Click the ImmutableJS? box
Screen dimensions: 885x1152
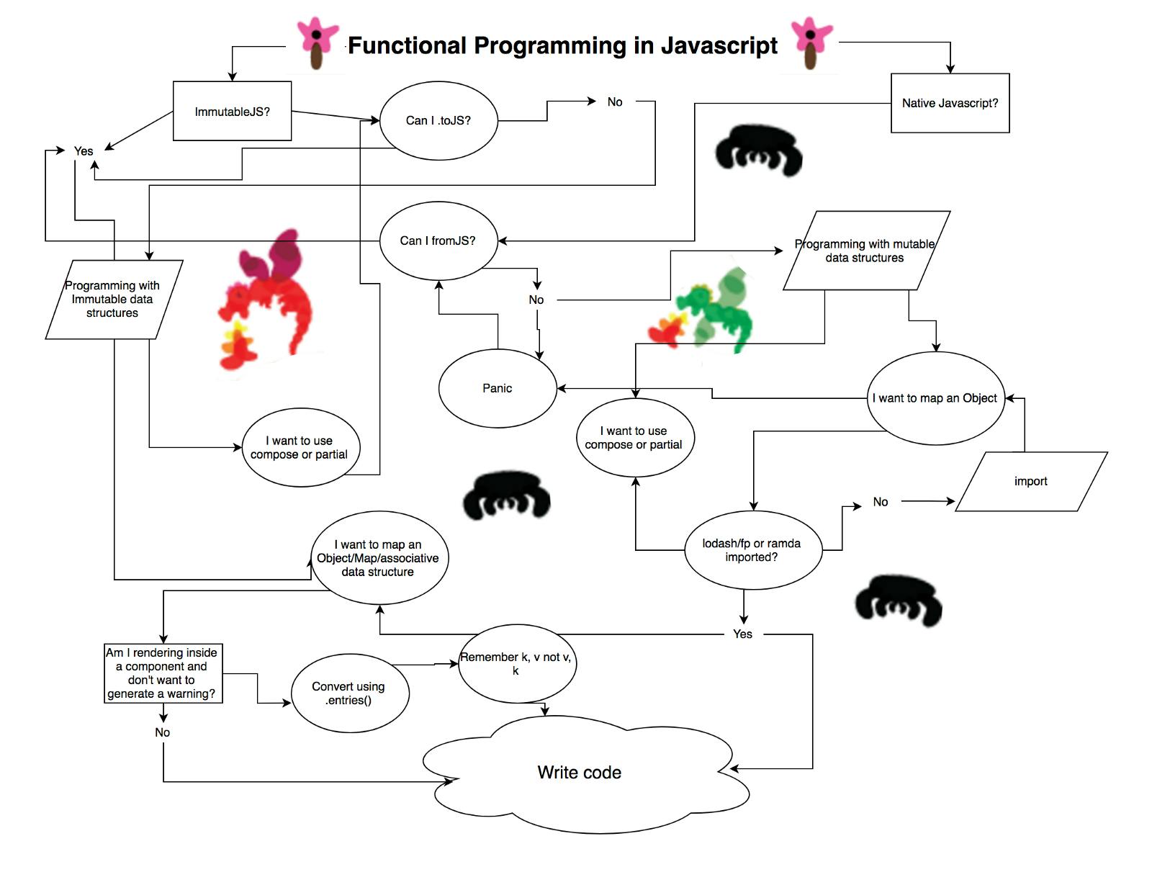coord(232,111)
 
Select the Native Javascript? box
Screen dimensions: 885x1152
coord(950,103)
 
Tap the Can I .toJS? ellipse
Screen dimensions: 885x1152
coord(438,120)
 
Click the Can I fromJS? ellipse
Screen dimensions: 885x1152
coord(438,241)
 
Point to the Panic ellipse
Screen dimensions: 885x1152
coord(498,388)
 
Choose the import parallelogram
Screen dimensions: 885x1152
coord(1031,481)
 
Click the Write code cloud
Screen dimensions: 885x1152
coord(580,773)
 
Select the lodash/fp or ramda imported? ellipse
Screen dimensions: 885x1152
coord(752,550)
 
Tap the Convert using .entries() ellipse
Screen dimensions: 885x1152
coord(350,693)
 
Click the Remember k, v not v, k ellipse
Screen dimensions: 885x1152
coord(517,664)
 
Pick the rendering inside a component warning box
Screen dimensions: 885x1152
coord(162,673)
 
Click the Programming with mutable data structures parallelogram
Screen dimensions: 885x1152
coord(865,251)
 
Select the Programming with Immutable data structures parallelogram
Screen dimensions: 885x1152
coord(114,299)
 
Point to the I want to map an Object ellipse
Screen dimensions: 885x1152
coord(935,398)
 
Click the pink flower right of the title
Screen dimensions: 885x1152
coord(811,42)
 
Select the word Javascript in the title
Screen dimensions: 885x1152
coord(719,45)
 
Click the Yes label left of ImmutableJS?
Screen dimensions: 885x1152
coord(84,151)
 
